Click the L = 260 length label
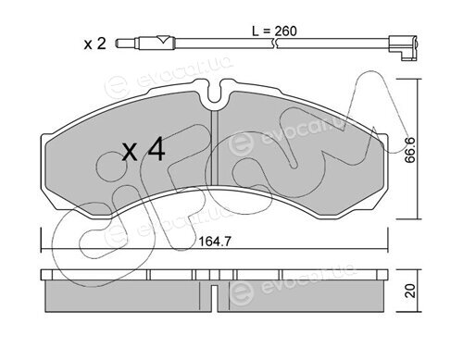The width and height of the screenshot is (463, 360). (274, 31)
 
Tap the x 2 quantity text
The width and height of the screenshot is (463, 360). (94, 43)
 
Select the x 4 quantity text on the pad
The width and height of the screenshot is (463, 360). (144, 150)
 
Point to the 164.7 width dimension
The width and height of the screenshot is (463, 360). (215, 242)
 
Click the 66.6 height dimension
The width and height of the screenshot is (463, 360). (410, 150)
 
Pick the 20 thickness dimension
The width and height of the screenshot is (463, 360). (410, 291)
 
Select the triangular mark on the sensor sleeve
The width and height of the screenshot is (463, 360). (163, 40)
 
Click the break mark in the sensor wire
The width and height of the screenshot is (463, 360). (275, 43)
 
